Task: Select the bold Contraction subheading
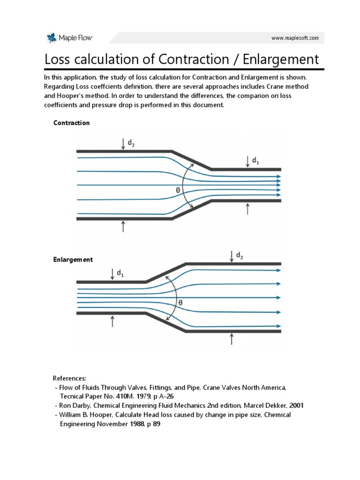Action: (x=71, y=123)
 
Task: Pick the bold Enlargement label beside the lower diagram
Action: (x=73, y=259)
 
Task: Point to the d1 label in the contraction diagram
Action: (x=255, y=161)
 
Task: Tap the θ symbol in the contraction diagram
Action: (x=178, y=190)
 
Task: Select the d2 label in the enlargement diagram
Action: (x=240, y=255)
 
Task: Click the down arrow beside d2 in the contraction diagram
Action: (x=123, y=143)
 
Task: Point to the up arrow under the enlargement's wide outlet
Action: (x=232, y=339)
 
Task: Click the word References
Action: (x=70, y=378)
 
